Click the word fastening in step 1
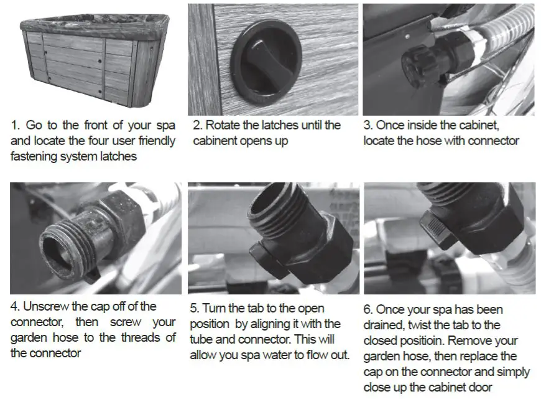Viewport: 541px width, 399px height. [36, 157]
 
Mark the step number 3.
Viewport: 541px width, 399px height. [367, 126]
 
